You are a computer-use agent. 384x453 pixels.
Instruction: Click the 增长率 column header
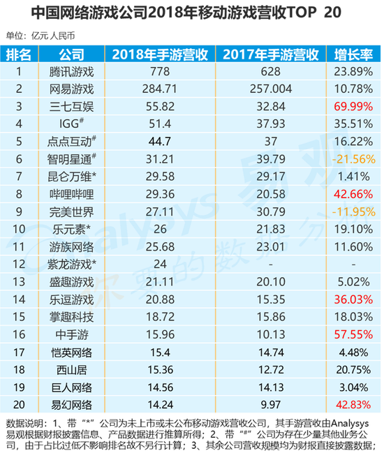point(353,54)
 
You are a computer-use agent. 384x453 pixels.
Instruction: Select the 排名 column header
point(19,54)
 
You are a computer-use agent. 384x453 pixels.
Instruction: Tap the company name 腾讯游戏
point(71,72)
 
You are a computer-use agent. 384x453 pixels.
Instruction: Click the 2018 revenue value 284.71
point(159,89)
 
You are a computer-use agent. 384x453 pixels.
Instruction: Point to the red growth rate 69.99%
point(353,107)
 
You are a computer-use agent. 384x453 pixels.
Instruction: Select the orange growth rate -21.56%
point(354,159)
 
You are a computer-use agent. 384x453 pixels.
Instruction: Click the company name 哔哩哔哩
point(71,194)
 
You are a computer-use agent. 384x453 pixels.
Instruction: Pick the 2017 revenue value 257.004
point(271,89)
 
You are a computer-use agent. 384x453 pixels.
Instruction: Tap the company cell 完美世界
point(71,211)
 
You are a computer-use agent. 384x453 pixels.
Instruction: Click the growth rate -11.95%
point(354,211)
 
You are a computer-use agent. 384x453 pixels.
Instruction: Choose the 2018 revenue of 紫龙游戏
point(160,264)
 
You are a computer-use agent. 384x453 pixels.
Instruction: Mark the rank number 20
point(19,404)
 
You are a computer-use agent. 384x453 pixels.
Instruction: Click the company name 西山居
point(71,370)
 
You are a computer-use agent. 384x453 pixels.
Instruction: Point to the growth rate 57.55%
point(353,334)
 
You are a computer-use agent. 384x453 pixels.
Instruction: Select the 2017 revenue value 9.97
point(271,404)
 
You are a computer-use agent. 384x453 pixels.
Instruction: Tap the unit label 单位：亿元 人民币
point(40,36)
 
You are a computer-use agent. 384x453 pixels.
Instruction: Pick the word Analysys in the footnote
point(350,424)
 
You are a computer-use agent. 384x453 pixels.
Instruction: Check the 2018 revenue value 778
point(160,72)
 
